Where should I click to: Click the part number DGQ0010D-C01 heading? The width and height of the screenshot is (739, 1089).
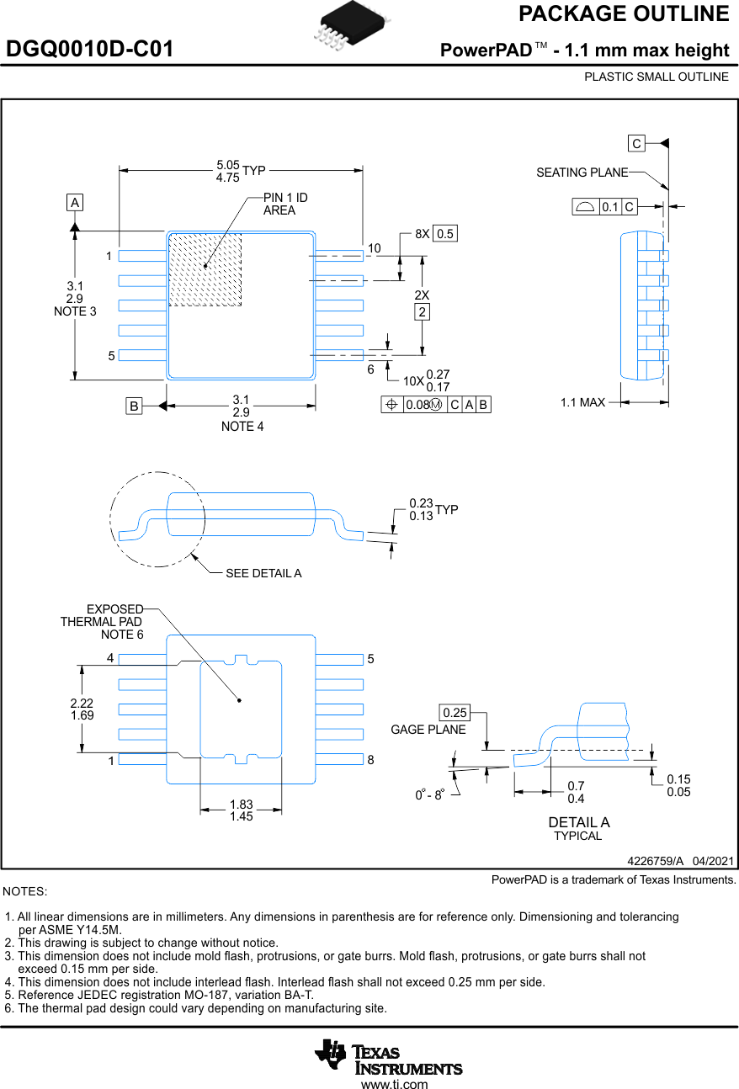(x=90, y=50)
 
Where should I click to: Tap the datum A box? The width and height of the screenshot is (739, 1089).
(x=75, y=203)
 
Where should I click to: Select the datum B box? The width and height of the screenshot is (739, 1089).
(x=133, y=406)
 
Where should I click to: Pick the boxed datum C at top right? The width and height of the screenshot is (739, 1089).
(x=636, y=144)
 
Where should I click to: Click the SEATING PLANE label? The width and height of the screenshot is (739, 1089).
(x=582, y=173)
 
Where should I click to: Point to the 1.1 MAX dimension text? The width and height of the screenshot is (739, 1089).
(x=582, y=403)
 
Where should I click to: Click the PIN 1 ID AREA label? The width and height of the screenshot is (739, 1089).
(x=285, y=204)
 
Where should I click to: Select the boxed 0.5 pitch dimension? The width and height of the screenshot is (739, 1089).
(x=445, y=234)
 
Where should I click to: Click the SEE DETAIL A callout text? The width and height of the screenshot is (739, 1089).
(x=263, y=573)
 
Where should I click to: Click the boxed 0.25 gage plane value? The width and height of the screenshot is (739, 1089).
(x=455, y=713)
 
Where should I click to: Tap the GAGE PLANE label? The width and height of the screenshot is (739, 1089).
(x=428, y=730)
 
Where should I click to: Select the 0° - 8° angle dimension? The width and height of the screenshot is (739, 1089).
(x=428, y=794)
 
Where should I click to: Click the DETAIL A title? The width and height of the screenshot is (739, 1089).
(x=578, y=822)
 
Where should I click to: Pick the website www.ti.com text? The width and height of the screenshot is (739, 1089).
(x=394, y=1084)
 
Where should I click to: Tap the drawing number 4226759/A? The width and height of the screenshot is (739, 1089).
(x=655, y=860)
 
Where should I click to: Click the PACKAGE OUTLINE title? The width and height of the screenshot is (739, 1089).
(x=623, y=14)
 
